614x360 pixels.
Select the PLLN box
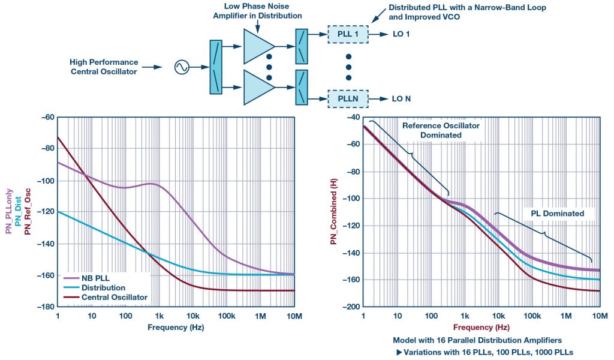[x=347, y=98]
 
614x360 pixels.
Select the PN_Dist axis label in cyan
[x=18, y=212]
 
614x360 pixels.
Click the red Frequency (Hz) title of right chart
[x=481, y=328]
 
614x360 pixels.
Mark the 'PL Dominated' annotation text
[x=552, y=213]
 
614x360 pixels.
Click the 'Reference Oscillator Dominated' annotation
[x=432, y=130]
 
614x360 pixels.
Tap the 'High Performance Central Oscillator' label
[x=104, y=67]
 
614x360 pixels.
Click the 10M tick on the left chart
[x=293, y=316]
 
